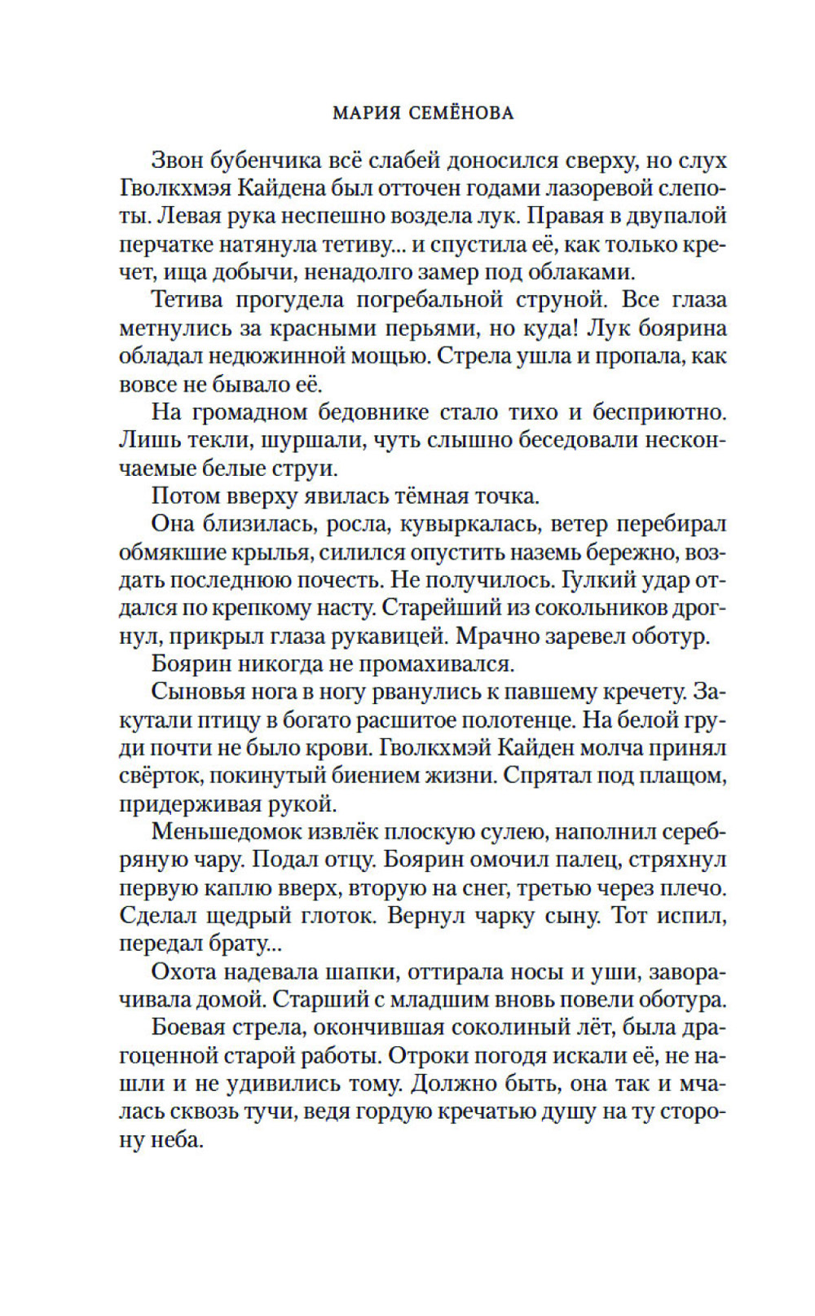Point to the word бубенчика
point(268,161)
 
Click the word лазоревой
point(582,188)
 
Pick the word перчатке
point(161,244)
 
